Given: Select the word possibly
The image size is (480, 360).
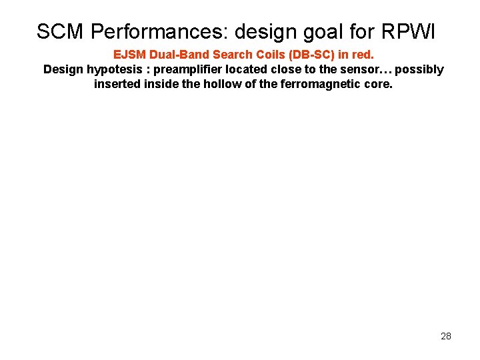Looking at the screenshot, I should click(419, 70).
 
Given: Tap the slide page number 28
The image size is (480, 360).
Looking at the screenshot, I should click(446, 336).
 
